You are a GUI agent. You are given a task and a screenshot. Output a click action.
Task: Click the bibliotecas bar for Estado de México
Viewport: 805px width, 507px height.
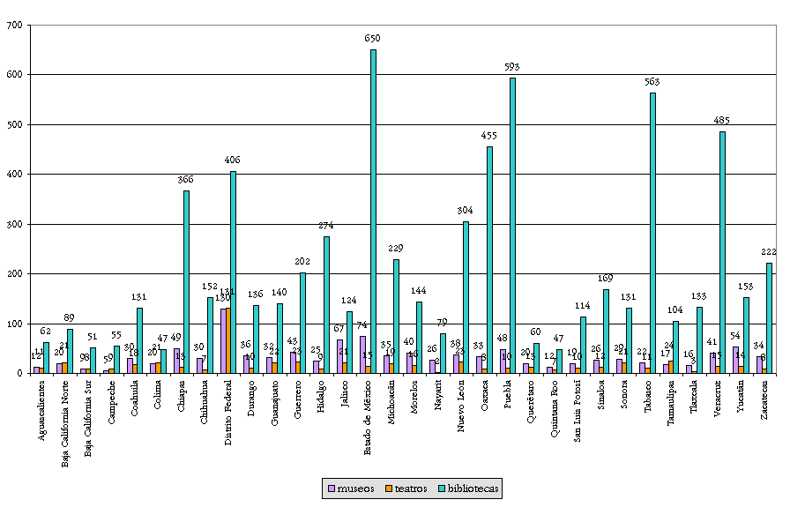373,212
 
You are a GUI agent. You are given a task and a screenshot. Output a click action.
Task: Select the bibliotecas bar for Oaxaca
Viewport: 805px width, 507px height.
489,260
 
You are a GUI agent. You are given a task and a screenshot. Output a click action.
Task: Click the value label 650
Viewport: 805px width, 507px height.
373,39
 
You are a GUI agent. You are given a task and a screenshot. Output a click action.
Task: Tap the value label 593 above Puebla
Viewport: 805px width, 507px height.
512,67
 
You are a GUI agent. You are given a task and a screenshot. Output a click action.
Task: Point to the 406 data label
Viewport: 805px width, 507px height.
233,160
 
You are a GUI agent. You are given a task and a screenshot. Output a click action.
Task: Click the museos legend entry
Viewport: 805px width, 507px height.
349,487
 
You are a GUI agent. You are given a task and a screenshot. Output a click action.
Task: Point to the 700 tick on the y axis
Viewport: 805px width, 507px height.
15,26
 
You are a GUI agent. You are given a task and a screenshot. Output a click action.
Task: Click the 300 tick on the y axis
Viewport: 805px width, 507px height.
15,224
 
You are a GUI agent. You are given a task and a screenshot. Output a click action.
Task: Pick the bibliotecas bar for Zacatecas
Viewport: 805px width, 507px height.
769,317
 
